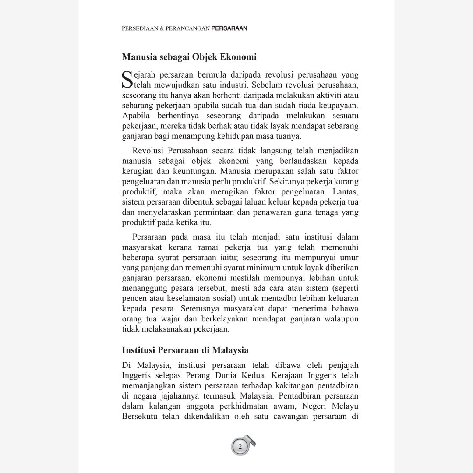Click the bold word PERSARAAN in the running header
(x=229, y=28)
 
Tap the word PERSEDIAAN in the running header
(x=137, y=28)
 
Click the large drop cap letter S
(x=126, y=79)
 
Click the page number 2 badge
(x=240, y=447)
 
